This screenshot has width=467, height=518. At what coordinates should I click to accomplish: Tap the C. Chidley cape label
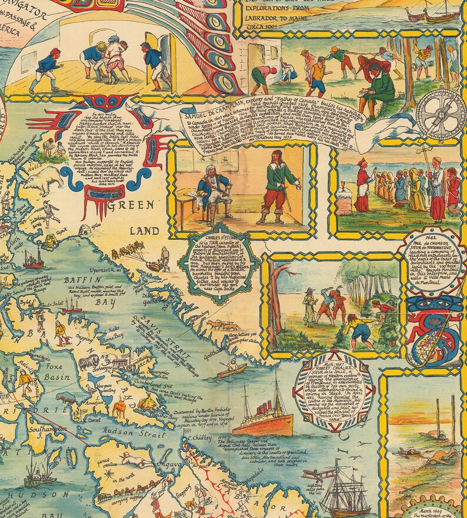tap(197, 439)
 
